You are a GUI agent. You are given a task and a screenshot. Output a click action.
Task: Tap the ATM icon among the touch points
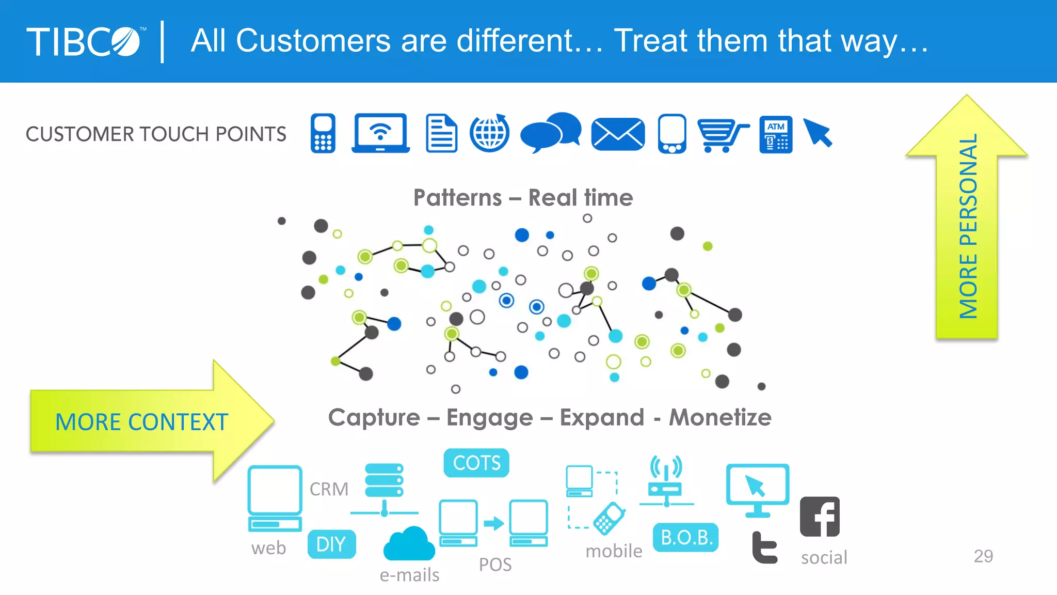click(776, 135)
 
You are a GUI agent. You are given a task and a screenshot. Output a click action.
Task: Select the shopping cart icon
click(722, 135)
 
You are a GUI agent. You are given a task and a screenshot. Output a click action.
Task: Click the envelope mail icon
click(618, 134)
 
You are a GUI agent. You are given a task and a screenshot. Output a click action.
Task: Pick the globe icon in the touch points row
click(489, 133)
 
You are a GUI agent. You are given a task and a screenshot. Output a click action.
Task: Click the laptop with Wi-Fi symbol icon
click(381, 133)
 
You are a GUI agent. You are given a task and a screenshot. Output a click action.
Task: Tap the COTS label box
click(476, 463)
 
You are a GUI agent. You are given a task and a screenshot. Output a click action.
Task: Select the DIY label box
click(331, 544)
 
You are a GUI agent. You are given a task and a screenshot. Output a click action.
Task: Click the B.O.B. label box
click(686, 538)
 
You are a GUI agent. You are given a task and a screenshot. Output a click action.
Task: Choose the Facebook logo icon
click(820, 517)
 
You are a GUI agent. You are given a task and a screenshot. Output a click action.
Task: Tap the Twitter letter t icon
click(764, 547)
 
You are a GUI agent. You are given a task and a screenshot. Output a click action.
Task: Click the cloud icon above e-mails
click(409, 544)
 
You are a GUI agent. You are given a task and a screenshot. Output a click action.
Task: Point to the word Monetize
click(720, 417)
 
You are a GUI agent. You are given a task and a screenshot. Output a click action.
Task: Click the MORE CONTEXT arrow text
click(142, 422)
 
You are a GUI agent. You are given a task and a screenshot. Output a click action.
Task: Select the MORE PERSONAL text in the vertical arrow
click(968, 226)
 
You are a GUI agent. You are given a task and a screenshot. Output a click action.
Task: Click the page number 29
click(983, 556)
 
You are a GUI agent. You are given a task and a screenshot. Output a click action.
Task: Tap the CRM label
click(329, 489)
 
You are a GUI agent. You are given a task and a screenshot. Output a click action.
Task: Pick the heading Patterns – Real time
click(523, 198)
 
